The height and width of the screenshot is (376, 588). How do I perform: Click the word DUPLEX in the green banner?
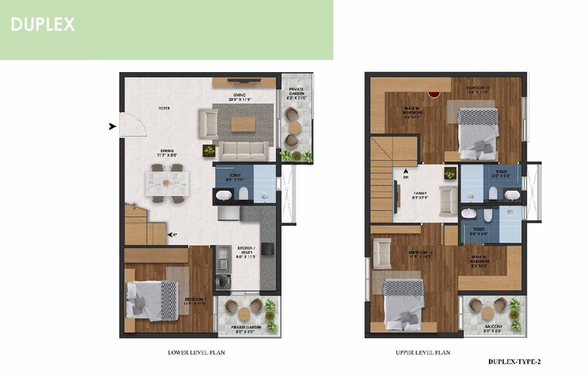coord(43,24)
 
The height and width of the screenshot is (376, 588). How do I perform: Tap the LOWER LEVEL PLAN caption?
coord(196,352)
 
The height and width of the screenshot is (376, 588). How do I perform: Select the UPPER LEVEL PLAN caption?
coord(422,352)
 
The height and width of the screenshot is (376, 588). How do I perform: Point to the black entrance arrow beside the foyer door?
coord(113,126)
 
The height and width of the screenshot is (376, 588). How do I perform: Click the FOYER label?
coord(164,109)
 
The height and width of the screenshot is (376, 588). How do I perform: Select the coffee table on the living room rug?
coord(242,123)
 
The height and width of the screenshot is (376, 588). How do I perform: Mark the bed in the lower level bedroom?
coord(151,301)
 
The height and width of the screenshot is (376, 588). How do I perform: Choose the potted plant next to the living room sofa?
coord(209,150)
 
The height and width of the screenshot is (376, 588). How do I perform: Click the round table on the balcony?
coord(488,312)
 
